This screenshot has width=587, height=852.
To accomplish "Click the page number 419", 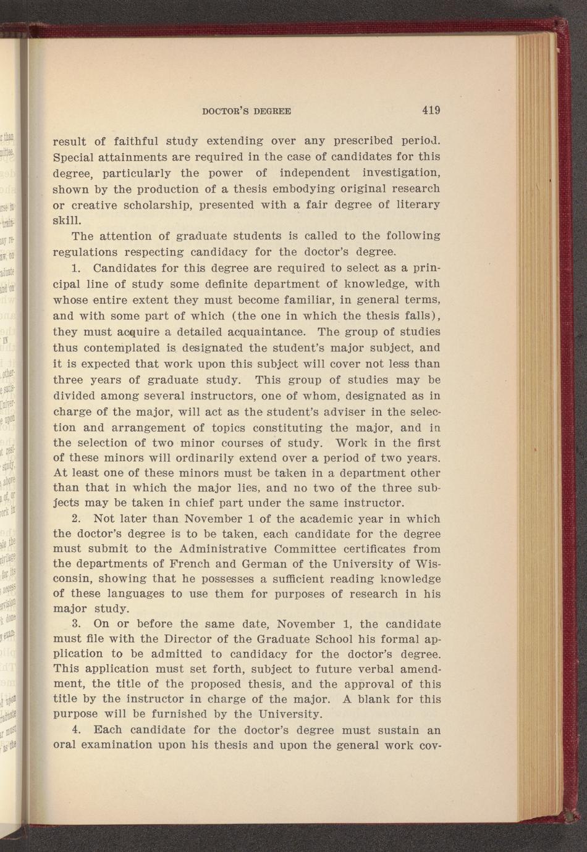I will [431, 111].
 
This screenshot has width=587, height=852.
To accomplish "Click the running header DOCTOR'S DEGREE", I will [247, 112].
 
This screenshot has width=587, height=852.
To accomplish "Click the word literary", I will [416, 204].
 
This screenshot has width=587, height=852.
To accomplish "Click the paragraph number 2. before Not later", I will [77, 519].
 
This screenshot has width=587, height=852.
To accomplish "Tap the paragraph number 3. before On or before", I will [77, 624].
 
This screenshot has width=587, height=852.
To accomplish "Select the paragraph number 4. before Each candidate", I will [77, 730].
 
